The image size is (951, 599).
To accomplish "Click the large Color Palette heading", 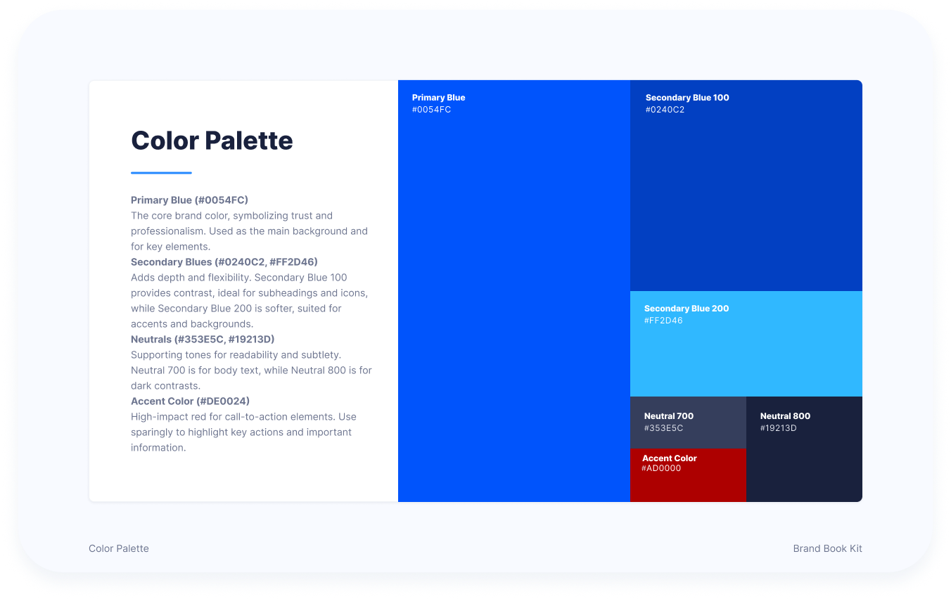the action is point(212,141).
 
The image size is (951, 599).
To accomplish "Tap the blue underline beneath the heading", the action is point(161,173).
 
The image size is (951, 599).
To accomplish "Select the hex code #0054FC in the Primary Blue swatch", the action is point(431,110).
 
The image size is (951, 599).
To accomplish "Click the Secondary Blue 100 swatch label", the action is point(687,98).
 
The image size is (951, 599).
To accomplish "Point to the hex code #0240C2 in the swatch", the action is point(665,110).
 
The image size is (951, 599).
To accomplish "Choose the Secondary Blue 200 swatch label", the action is point(687,309).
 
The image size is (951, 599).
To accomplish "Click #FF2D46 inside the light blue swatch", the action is point(663,321).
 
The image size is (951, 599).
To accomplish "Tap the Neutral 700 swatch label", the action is point(669,416).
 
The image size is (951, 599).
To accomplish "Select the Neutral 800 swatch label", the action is point(785,416).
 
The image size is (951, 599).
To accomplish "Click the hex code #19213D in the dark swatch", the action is point(778,428).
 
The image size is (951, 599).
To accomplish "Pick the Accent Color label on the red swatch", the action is point(669,458).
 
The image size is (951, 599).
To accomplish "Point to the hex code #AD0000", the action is point(661,468).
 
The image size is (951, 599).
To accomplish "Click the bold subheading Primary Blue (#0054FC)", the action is point(189,200).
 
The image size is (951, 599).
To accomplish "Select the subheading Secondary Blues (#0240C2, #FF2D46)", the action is point(224,262).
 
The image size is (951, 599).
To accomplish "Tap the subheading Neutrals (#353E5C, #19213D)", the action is point(203,339).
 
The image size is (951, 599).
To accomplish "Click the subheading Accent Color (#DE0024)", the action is point(190,401).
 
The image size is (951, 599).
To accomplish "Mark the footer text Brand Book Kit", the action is point(827,548).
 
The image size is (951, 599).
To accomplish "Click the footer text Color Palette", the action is point(119,548).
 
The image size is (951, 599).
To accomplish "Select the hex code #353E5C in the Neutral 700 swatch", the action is point(663,428).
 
